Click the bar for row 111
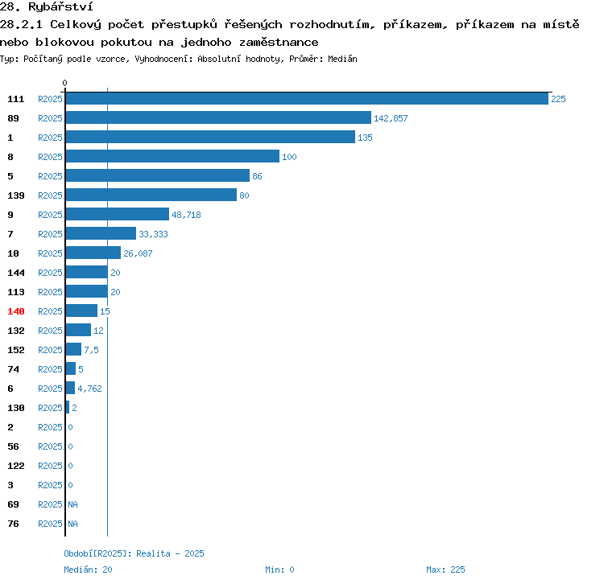pos(307,98)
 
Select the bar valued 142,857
pos(218,117)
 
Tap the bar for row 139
pos(151,195)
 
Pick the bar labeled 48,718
pos(118,214)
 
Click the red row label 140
pos(16,311)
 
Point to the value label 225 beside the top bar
pos(558,99)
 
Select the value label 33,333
pos(153,234)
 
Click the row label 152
pos(16,350)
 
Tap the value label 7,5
pos(91,350)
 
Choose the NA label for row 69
pos(72,504)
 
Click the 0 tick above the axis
pos(64,83)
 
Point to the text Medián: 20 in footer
pos(88,570)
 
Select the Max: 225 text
pos(445,570)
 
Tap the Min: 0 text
pos(279,570)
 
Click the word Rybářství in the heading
pos(60,6)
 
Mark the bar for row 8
pos(172,156)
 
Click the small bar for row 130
pos(68,407)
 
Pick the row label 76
pos(13,524)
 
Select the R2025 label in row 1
pos(50,138)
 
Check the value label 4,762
pos(89,389)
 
